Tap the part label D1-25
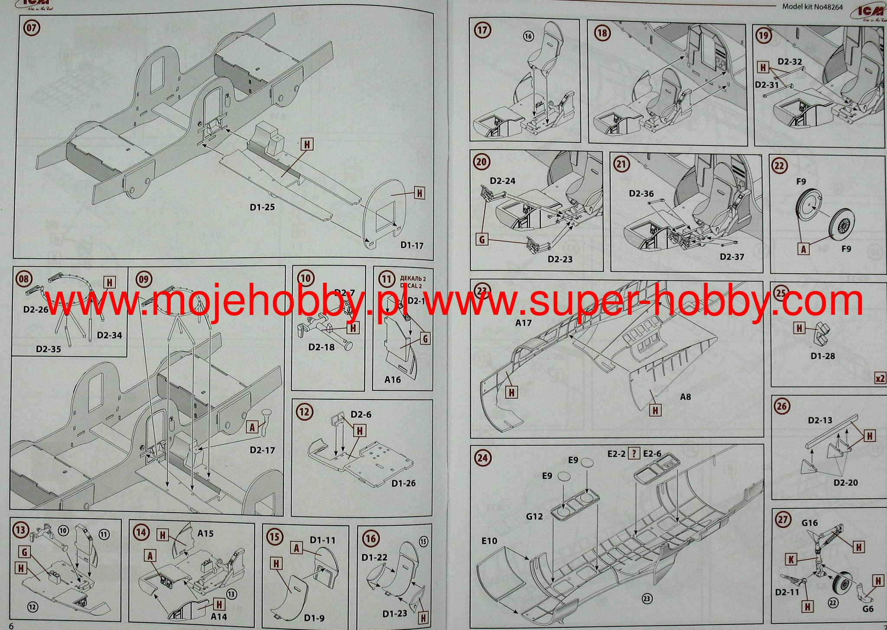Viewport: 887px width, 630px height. coord(262,207)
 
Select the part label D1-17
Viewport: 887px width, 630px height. coord(412,246)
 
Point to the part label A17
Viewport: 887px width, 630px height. coord(523,323)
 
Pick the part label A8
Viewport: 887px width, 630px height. coord(685,397)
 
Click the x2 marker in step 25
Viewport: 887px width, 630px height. coord(880,378)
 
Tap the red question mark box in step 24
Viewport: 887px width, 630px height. coord(634,453)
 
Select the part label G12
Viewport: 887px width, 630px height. coord(534,516)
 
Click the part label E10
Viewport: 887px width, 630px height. coord(489,541)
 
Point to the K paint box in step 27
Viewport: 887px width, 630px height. coord(791,559)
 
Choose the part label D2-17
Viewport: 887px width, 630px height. coord(262,450)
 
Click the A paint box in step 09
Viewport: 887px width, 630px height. coord(252,427)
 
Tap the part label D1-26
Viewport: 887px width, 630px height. coord(403,483)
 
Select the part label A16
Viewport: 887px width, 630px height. coord(393,380)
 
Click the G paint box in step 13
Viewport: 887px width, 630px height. coord(24,552)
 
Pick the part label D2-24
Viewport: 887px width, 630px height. coord(503,181)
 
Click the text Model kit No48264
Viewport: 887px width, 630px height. coord(812,6)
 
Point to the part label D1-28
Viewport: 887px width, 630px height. coord(822,356)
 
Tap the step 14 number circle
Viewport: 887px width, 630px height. coord(141,532)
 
